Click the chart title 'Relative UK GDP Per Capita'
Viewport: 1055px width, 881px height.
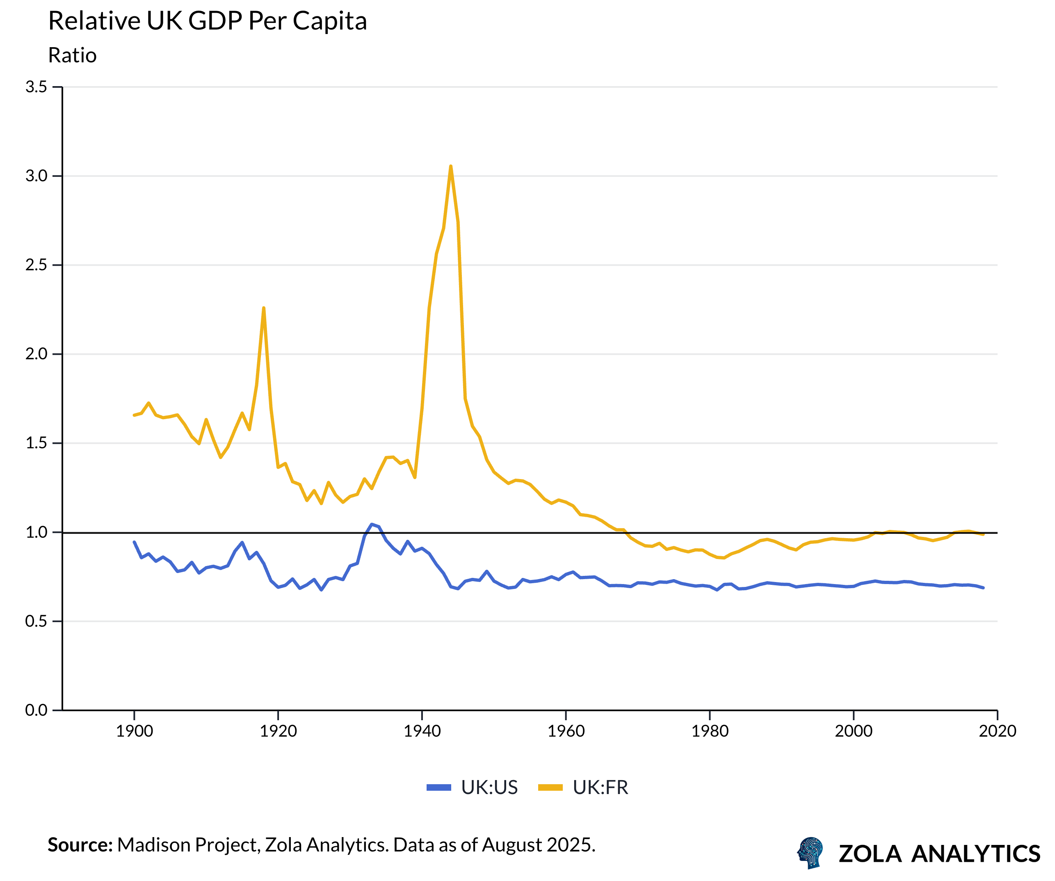click(208, 21)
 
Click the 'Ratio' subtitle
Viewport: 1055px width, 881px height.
click(72, 55)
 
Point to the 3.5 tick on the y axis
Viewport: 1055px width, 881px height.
click(36, 87)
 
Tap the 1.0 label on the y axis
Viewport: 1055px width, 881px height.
click(36, 532)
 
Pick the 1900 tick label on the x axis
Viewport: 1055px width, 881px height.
click(134, 731)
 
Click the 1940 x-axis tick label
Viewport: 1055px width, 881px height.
click(422, 731)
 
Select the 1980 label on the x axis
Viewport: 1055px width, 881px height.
click(709, 731)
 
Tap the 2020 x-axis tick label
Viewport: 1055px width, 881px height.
click(997, 731)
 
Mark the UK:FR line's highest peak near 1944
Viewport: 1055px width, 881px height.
click(451, 166)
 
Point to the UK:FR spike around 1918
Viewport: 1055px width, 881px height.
click(264, 308)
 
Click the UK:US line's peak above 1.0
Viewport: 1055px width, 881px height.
click(372, 525)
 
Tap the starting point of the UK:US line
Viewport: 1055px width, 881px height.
click(134, 542)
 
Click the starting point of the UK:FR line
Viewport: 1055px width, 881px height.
click(134, 415)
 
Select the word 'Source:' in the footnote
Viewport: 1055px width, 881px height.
click(80, 845)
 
